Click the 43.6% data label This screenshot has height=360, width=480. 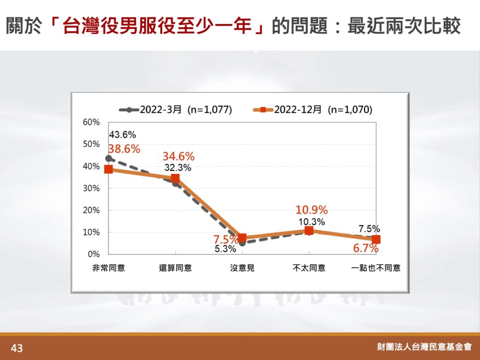point(122,135)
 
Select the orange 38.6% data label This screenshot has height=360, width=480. point(124,149)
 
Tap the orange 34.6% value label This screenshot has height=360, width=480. point(179,157)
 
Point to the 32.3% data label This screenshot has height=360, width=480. point(178,168)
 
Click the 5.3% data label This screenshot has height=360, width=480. point(225,249)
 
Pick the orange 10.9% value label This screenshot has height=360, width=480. point(312,210)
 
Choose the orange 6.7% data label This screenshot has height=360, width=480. point(366,248)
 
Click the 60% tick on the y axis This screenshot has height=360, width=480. point(91,122)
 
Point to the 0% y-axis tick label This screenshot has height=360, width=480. point(94,254)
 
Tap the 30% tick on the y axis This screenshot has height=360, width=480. point(91,188)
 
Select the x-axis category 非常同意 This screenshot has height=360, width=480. point(109,268)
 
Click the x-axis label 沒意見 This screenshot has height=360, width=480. point(242,268)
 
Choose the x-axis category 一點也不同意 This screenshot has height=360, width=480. point(376,268)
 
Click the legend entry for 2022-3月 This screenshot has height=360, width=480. point(175,110)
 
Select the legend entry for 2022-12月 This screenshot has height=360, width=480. point(313,110)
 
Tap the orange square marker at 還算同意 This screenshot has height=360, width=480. point(175,178)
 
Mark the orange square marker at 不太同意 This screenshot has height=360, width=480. point(309,231)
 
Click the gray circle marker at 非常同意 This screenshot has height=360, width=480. point(108,158)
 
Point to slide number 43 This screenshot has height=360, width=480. point(16,348)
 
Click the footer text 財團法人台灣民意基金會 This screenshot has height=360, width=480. point(425,347)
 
